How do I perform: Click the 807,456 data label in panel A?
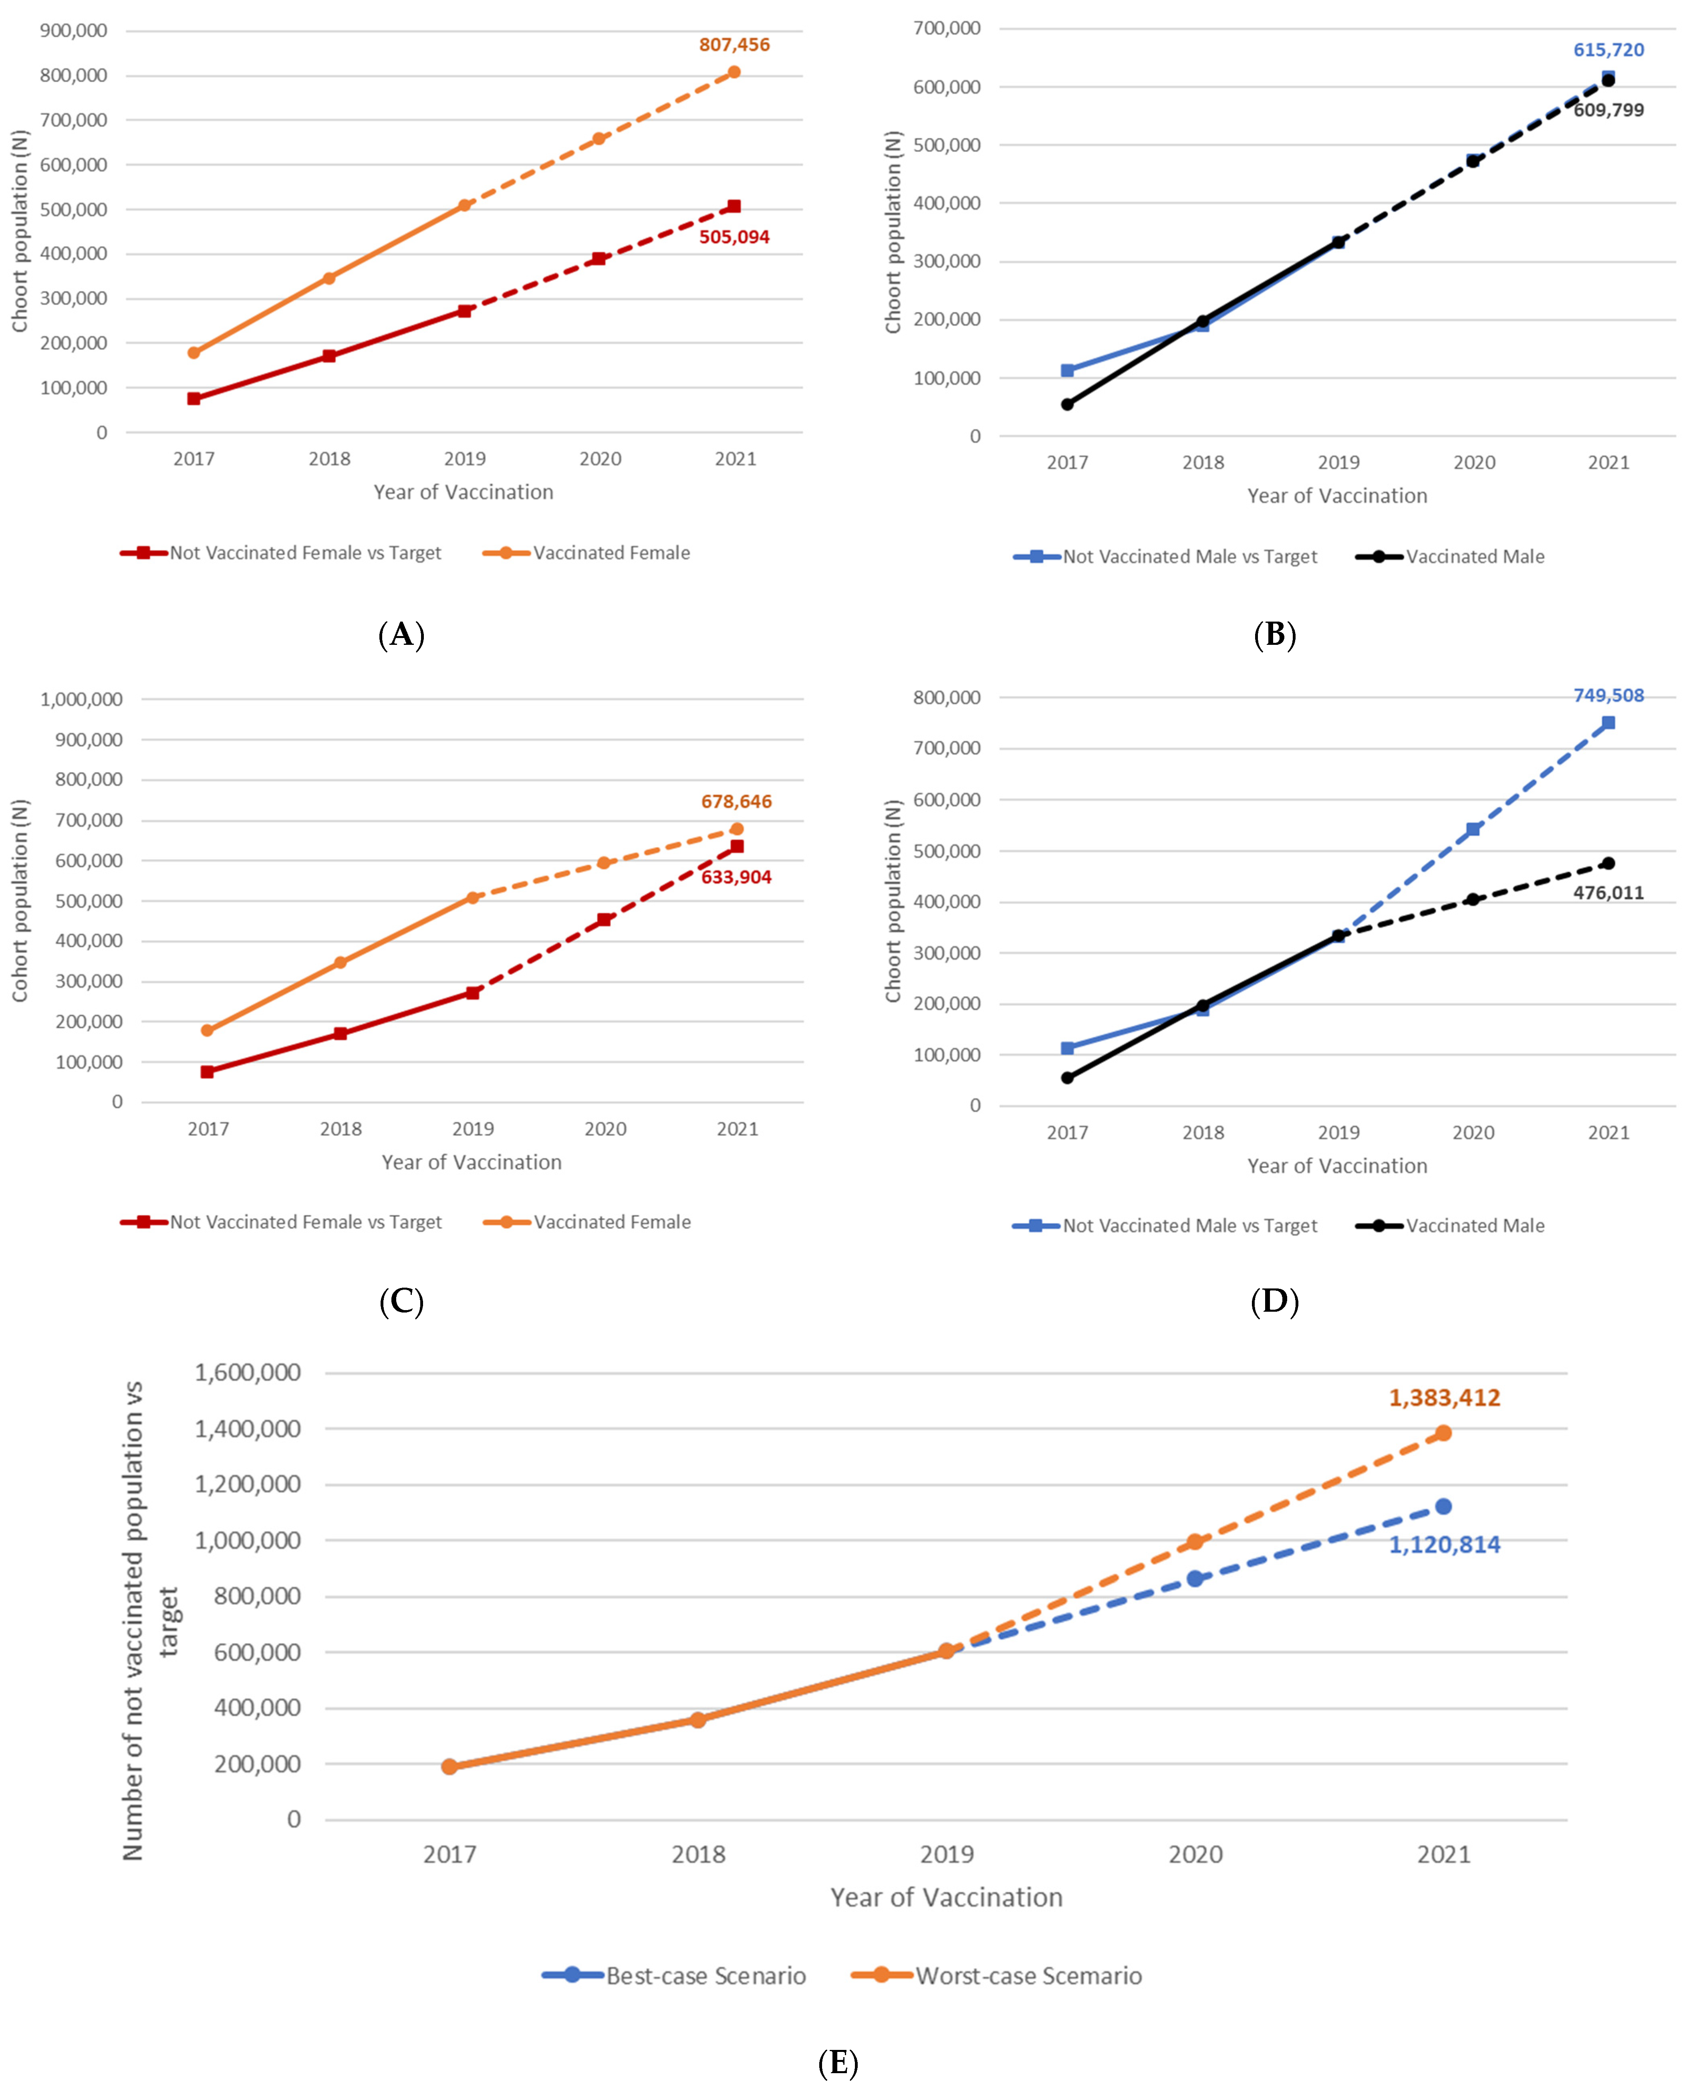734,45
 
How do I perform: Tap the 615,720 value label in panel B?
1608,50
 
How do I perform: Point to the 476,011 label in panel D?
1608,893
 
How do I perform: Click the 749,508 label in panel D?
1608,696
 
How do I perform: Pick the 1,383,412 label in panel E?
1444,1397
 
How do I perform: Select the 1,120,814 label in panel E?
1444,1545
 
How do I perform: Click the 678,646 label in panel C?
736,802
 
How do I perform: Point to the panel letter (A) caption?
401,635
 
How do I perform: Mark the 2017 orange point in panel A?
194,352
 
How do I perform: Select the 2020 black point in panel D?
1473,899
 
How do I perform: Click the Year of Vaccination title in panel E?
946,1898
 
